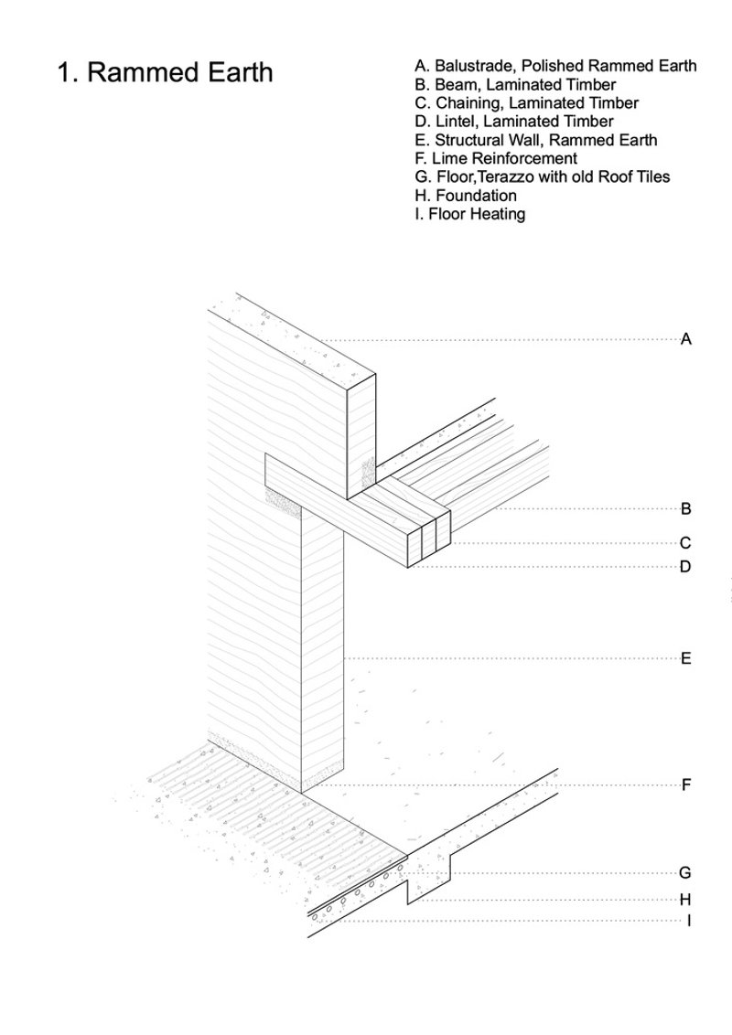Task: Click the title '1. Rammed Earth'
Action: pos(165,72)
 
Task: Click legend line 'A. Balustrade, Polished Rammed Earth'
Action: pos(555,66)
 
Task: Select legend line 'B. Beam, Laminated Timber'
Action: pos(515,85)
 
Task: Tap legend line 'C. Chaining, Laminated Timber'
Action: pos(526,103)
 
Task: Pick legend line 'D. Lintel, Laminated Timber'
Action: pos(513,122)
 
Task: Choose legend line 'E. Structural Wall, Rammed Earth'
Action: pos(535,141)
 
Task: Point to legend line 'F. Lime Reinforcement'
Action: pos(496,159)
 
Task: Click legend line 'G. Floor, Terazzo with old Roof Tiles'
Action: pos(542,177)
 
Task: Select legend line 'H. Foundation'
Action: pos(465,196)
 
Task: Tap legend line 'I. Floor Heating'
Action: pos(469,215)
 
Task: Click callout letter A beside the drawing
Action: pos(686,340)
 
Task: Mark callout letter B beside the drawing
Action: pos(686,509)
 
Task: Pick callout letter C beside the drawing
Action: pos(686,543)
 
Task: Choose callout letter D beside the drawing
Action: pos(686,567)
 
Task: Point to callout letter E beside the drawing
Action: pos(686,658)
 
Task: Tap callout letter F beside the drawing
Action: pos(686,785)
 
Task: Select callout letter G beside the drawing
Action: pos(686,873)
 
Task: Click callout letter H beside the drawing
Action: pos(686,900)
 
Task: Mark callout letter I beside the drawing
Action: pos(688,921)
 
